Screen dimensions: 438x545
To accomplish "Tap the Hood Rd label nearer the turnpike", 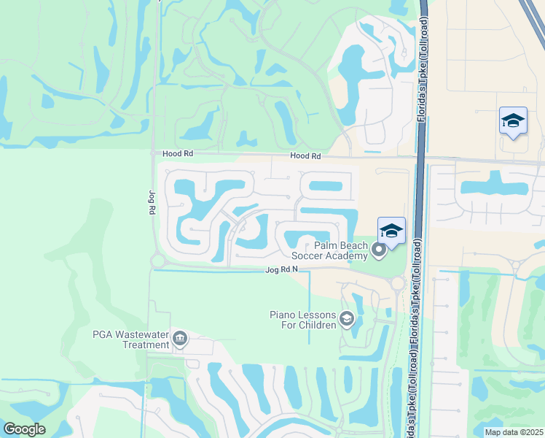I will (x=305, y=156).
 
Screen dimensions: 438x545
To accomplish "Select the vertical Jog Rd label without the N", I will (x=152, y=202).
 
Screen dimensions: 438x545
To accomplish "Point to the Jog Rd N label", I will (x=282, y=270).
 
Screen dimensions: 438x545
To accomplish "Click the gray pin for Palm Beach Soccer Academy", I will (x=378, y=251).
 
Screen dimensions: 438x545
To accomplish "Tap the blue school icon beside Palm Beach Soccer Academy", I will (x=391, y=231).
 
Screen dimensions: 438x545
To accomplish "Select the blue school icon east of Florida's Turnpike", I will (x=513, y=120).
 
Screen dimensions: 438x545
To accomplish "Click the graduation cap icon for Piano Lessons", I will (x=347, y=318).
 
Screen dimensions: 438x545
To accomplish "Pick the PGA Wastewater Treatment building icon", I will (x=180, y=339).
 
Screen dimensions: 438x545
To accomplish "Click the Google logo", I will (x=24, y=429).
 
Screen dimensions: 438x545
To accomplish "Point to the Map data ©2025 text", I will (x=514, y=432).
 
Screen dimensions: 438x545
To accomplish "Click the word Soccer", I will (x=310, y=255).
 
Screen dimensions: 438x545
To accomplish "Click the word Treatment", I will (x=144, y=345).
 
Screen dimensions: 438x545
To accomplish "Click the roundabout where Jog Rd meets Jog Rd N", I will (x=156, y=261).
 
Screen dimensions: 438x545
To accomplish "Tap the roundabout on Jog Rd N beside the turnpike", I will (x=398, y=283).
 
